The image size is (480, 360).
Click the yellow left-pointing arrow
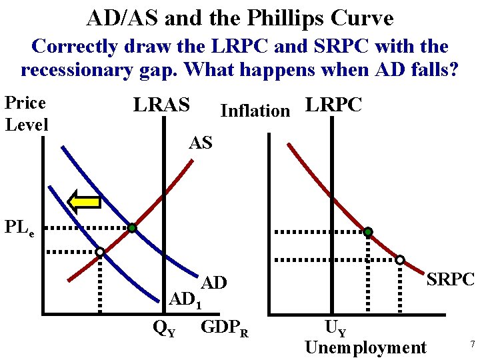pos(85,201)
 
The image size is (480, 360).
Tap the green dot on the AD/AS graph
pos(133,229)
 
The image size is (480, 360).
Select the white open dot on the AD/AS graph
pos(99,252)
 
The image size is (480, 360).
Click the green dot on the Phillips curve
pos(367,232)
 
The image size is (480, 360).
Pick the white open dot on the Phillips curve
pos(400,260)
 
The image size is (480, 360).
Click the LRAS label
pos(161,105)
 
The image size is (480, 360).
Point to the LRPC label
pos(333,105)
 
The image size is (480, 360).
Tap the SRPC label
pos(450,279)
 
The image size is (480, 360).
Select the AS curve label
pos(200,141)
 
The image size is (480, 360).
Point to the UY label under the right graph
pos(335,327)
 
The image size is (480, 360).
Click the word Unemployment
pos(365,347)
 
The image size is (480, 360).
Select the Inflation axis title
pos(255,111)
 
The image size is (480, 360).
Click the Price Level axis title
pos(25,113)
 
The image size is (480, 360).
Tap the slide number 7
pos(472,344)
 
